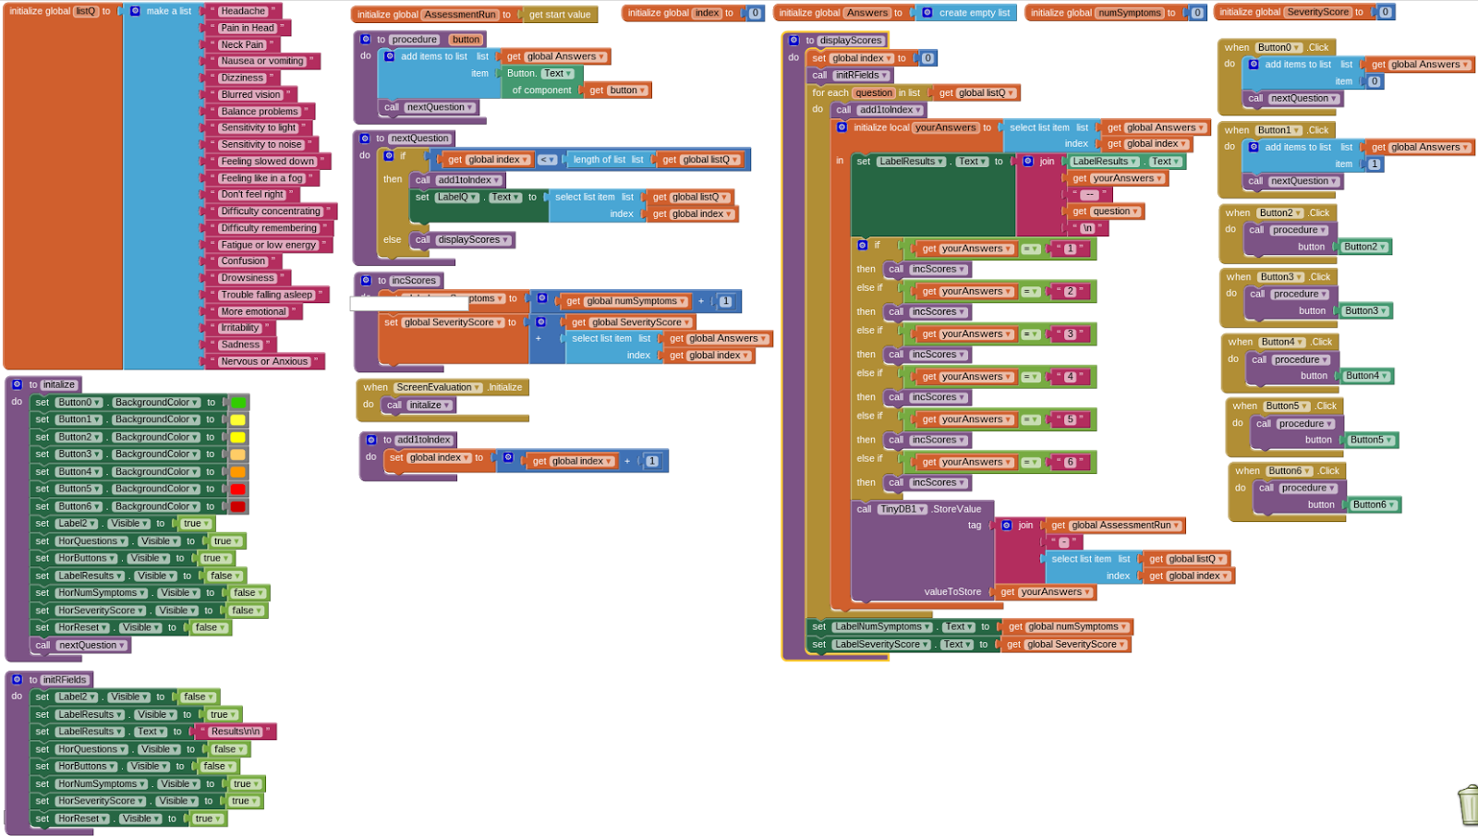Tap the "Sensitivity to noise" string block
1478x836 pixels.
[x=260, y=144]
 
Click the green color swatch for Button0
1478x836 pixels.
[x=238, y=403]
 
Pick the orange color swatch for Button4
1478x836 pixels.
[x=237, y=472]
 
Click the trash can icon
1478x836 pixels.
[x=1468, y=805]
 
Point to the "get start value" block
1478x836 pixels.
[x=559, y=15]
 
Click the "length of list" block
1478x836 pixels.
[x=607, y=160]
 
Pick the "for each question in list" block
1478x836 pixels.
[x=866, y=93]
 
